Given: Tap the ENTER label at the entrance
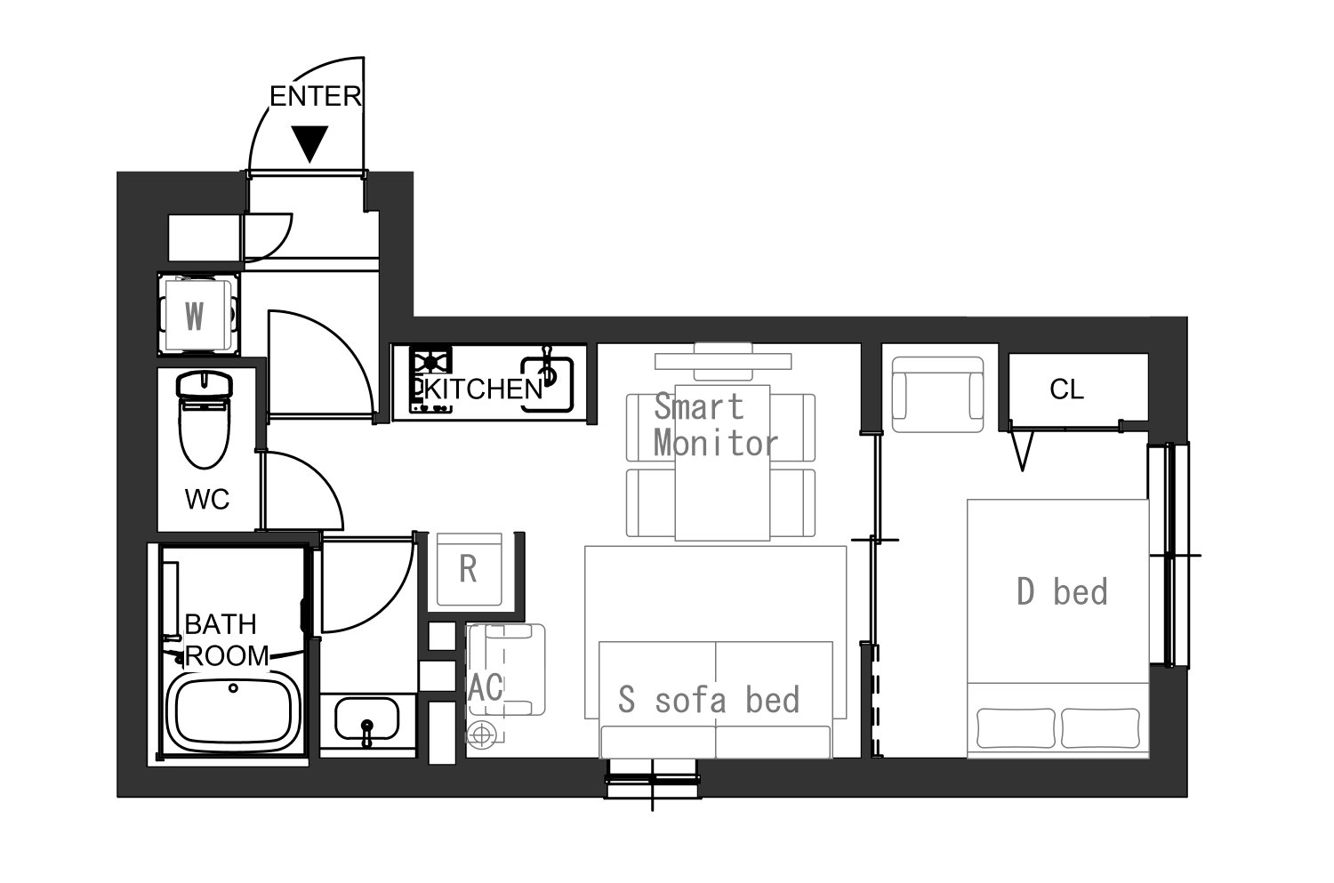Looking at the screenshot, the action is (x=316, y=96).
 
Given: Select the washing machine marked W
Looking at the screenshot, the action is (x=198, y=315).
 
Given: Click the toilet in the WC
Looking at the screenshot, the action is (x=204, y=419).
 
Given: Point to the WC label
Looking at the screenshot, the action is (x=206, y=499).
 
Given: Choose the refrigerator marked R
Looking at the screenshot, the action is (x=469, y=569).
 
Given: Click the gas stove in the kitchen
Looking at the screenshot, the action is (x=431, y=379).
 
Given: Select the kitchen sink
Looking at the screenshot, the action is (x=547, y=383).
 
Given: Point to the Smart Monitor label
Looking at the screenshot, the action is (x=716, y=425).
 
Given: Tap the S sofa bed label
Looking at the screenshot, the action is (x=709, y=699).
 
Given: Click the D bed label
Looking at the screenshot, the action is (x=1063, y=591).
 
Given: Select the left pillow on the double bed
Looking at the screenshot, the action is (x=1016, y=727).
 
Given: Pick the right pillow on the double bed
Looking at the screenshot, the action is (x=1101, y=727).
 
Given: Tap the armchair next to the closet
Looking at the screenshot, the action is (x=937, y=394).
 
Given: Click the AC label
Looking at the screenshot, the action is (x=486, y=687).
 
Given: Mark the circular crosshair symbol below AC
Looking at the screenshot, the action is (x=481, y=734).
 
